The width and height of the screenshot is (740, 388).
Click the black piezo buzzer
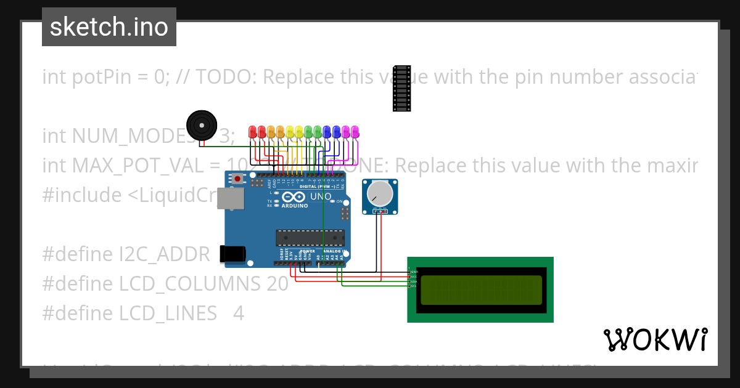[202, 125]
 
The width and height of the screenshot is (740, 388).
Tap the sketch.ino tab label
[109, 27]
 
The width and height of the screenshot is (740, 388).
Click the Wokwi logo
[655, 339]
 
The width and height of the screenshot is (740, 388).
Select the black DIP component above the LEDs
[402, 88]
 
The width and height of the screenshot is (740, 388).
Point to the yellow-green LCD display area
[480, 290]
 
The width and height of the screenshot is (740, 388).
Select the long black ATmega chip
[310, 238]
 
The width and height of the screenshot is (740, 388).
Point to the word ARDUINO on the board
[294, 206]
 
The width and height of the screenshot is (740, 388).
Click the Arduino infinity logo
[295, 197]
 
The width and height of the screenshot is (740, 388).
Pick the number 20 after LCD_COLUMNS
[277, 284]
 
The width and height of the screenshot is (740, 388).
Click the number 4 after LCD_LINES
[239, 313]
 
